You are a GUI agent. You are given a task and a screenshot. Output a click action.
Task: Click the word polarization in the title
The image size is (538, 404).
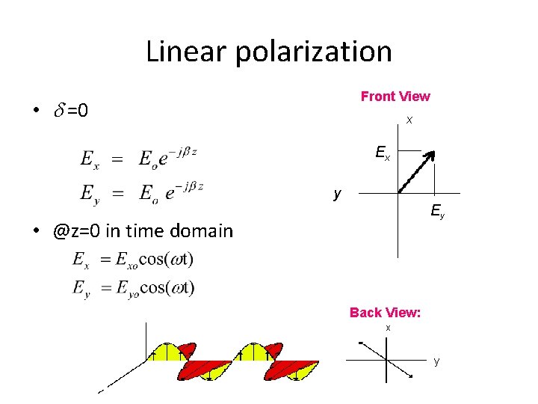click(x=316, y=52)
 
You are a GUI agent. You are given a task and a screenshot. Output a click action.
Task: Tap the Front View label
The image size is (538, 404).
click(x=395, y=96)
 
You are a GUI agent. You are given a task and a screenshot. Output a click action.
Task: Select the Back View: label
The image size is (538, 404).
click(x=386, y=313)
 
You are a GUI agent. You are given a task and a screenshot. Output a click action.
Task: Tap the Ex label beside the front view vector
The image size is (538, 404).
click(x=382, y=154)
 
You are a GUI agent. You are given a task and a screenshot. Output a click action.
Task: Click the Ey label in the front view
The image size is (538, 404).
click(x=437, y=213)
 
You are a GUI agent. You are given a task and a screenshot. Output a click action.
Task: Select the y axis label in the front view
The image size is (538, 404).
click(x=338, y=194)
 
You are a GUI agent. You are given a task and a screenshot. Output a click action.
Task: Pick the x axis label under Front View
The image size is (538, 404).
click(x=409, y=120)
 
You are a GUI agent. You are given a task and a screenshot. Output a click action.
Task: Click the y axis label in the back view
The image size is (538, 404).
click(x=436, y=361)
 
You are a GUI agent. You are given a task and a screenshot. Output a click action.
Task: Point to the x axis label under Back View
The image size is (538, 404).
click(x=388, y=328)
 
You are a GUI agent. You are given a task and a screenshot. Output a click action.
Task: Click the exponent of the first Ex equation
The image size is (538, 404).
click(x=182, y=152)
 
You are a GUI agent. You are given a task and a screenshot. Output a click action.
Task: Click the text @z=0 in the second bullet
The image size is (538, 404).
click(x=77, y=230)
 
